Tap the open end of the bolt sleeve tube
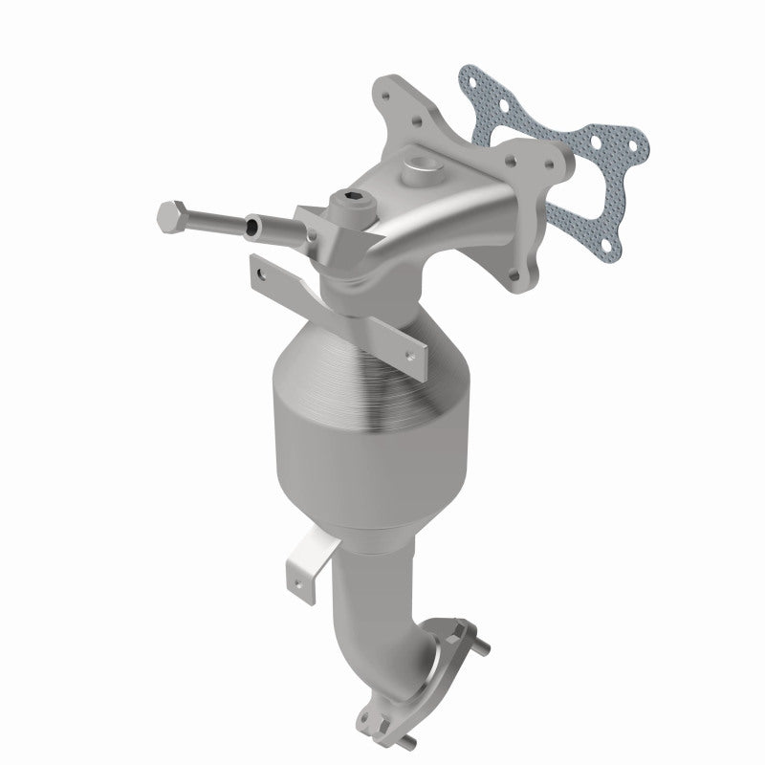[252, 228]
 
